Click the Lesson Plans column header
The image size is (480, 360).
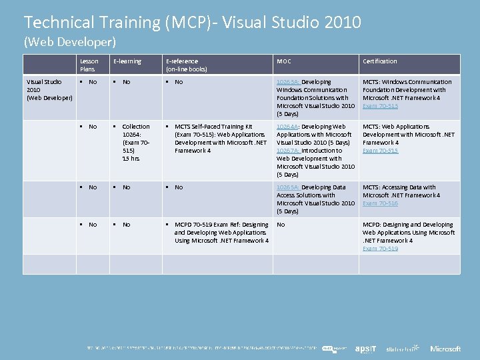coord(89,65)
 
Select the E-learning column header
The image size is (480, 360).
coord(127,61)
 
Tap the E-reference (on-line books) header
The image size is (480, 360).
coord(187,65)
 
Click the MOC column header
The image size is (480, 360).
coord(284,61)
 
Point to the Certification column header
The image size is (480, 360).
coord(380,61)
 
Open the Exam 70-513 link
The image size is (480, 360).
coord(380,106)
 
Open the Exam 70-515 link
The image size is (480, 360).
coord(380,151)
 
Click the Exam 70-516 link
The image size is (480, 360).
coord(380,203)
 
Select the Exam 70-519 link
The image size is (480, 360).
coord(380,249)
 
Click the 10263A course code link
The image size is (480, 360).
coord(288,82)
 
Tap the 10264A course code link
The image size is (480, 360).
coord(288,127)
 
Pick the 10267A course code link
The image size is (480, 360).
coord(288,151)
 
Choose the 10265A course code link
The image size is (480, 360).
coord(288,187)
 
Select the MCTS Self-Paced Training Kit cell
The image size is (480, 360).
coord(220,139)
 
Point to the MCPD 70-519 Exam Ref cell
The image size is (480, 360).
coord(221,233)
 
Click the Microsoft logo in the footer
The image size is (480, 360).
coord(445,349)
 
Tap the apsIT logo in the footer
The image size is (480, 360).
coord(366,349)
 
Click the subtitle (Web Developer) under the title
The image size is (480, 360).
coord(70,41)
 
